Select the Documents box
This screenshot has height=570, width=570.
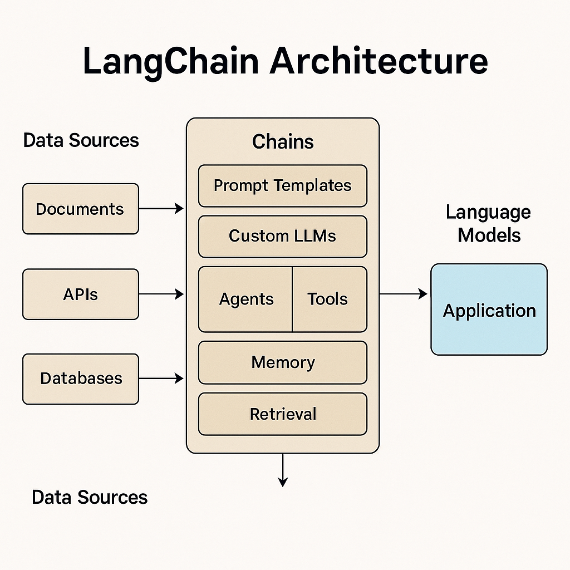click(x=80, y=209)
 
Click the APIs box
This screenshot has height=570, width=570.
click(x=80, y=294)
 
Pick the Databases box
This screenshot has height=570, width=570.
click(x=80, y=379)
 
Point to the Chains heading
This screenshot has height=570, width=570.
click(x=283, y=141)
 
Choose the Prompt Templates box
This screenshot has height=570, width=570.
click(x=283, y=185)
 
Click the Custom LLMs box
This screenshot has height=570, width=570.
click(x=283, y=236)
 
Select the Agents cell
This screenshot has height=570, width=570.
click(x=246, y=299)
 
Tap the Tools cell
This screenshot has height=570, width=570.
click(x=328, y=299)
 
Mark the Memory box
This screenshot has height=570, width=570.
click(x=283, y=362)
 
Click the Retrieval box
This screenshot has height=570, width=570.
click(x=283, y=414)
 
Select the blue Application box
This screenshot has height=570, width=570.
click(x=489, y=309)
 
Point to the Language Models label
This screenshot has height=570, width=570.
click(x=489, y=223)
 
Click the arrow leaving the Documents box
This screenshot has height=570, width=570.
click(x=161, y=209)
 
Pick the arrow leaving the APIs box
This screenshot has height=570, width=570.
click(x=161, y=294)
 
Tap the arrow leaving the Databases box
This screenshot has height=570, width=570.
click(x=161, y=379)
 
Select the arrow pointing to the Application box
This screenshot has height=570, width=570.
click(x=404, y=294)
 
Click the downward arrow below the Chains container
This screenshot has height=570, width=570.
click(x=283, y=470)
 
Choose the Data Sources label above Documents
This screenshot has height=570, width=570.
click(x=81, y=140)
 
